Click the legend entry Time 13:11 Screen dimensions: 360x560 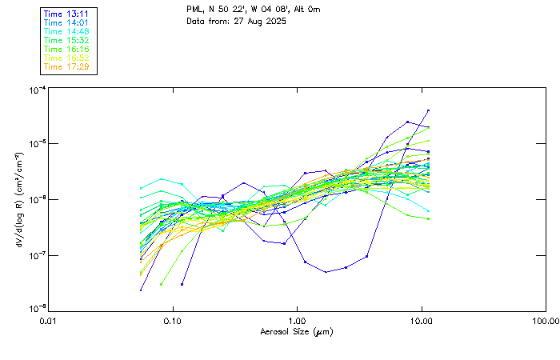pyautogui.click(x=66, y=14)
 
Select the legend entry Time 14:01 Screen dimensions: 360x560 pyautogui.click(x=66, y=22)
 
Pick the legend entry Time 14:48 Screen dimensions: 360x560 pyautogui.click(x=66, y=31)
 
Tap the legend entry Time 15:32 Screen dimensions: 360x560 pyautogui.click(x=66, y=40)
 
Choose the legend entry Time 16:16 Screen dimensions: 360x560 pyautogui.click(x=66, y=49)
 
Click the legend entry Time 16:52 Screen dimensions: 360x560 pyautogui.click(x=66, y=58)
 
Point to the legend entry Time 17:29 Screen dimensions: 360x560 pyautogui.click(x=66, y=66)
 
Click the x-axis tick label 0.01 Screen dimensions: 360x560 pyautogui.click(x=48, y=321)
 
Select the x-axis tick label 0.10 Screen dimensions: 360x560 pyautogui.click(x=172, y=321)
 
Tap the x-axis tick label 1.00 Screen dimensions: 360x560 pyautogui.click(x=297, y=321)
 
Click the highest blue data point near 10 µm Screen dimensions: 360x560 pyautogui.click(x=429, y=110)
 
